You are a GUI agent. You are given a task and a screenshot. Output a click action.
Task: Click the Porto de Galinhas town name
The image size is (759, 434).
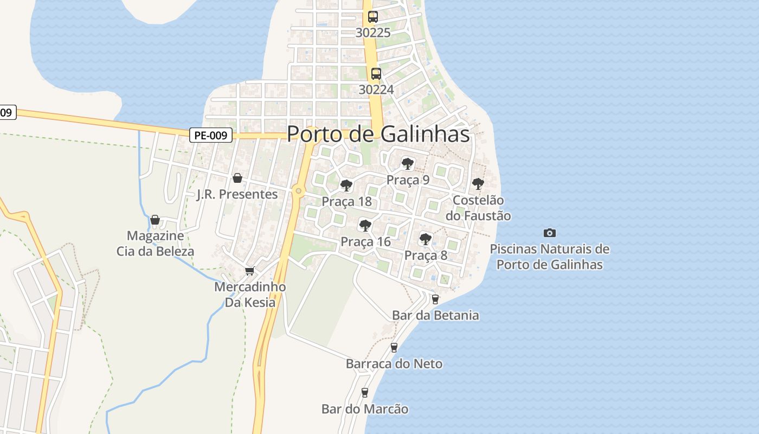[378, 134]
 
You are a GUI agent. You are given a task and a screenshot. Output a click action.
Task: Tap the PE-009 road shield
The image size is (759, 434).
[211, 136]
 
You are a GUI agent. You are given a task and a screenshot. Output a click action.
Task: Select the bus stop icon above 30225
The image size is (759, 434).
[373, 17]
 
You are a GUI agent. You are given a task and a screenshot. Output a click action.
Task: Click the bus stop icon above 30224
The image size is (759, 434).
[376, 74]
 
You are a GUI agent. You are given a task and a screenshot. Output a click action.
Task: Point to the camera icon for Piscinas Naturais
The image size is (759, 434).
[550, 233]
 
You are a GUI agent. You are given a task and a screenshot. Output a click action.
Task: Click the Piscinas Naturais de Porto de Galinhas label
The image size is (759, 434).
[550, 257]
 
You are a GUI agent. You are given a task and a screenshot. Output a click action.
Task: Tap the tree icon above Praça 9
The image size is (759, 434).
[407, 163]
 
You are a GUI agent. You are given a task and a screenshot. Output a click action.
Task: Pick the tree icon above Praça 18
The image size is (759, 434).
[346, 186]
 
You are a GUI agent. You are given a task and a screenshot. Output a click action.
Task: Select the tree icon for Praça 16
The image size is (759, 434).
[365, 225]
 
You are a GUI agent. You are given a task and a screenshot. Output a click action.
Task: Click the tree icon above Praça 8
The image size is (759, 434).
[426, 239]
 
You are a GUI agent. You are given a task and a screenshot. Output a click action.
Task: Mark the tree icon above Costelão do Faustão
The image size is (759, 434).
[478, 184]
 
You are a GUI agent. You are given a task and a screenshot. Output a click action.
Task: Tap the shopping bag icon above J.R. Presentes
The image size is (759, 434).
[237, 178]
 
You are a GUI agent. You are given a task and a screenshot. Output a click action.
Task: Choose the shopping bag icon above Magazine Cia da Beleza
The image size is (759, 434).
[155, 220]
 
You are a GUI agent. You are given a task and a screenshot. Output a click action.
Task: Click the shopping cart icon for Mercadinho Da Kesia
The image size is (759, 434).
[249, 271]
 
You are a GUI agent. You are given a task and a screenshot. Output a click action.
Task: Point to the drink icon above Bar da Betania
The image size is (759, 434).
[435, 299]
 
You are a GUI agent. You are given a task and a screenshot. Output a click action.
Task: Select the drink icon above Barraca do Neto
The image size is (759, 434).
[394, 347]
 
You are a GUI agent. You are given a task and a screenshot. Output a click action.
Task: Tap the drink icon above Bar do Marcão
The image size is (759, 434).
[364, 392]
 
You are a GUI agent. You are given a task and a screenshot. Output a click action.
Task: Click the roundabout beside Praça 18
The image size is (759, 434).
[298, 190]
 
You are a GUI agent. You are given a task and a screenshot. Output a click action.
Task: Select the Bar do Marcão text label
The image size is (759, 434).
[365, 409]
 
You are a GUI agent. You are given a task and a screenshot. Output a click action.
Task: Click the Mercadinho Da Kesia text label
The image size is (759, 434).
[250, 295]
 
